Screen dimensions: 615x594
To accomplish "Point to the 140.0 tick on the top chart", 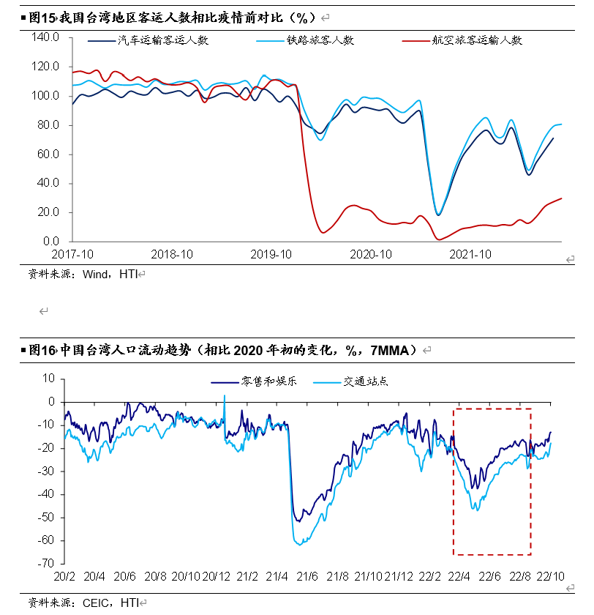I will (x=45, y=37).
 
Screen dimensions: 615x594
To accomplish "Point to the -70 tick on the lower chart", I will (x=45, y=564).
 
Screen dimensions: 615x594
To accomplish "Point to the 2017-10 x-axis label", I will (x=72, y=254).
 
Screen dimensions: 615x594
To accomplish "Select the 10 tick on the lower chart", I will (x=49, y=379).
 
